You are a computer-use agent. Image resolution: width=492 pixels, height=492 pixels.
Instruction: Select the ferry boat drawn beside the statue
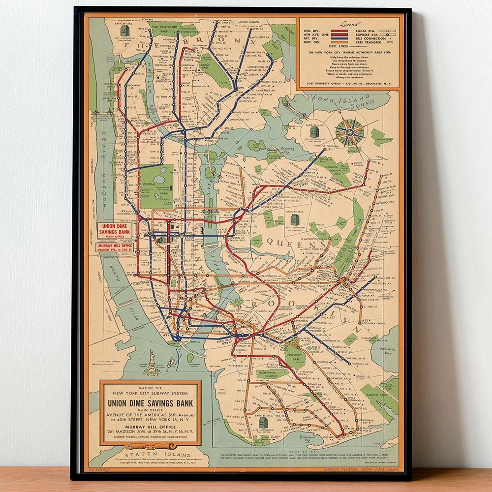pos(171,362)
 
